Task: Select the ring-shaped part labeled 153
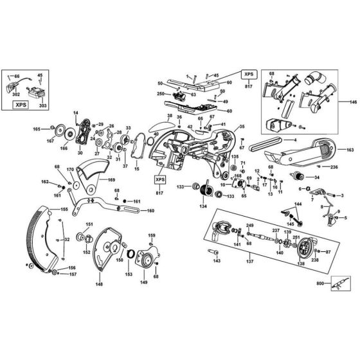(134, 256)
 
